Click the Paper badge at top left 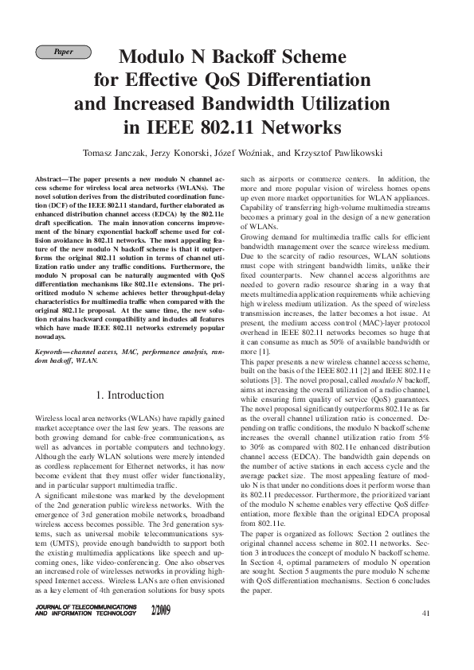pos(63,53)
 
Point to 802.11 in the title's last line pos(227,127)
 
